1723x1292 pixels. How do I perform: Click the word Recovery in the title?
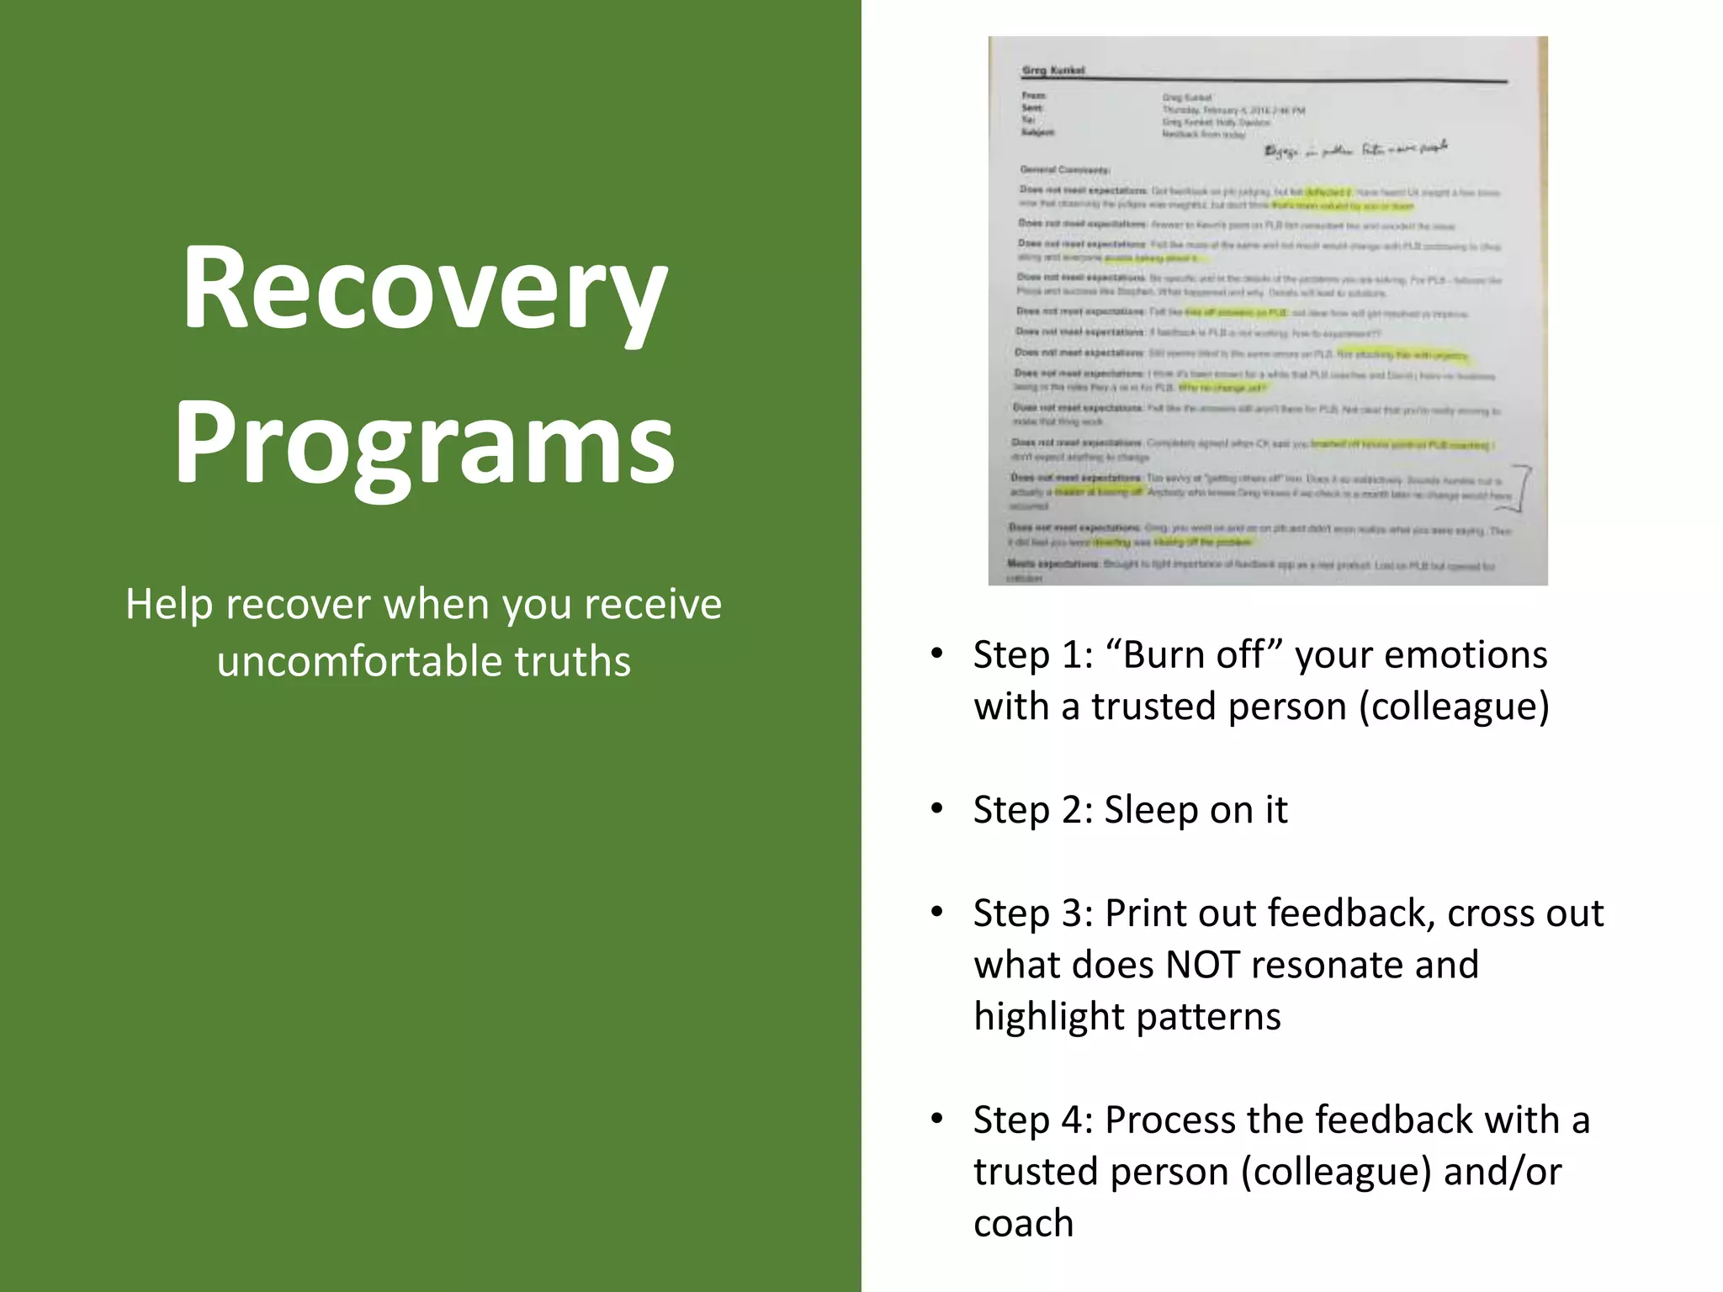click(x=425, y=289)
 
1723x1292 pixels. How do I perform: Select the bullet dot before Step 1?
click(x=937, y=654)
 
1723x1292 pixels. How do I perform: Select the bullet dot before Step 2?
click(x=937, y=809)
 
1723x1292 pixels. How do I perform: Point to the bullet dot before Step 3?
click(x=937, y=913)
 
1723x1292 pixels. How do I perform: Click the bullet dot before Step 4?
click(x=937, y=1120)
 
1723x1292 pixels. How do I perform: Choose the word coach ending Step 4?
click(x=1023, y=1224)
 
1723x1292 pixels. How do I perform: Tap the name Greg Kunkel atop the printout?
click(x=1053, y=71)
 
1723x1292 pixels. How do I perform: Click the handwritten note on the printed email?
click(x=1355, y=150)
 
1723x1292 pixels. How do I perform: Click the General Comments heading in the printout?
click(x=1064, y=170)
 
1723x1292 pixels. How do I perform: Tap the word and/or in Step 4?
click(x=1503, y=1172)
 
